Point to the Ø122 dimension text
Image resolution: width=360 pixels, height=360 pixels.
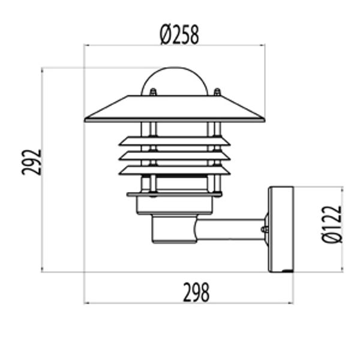[332, 224]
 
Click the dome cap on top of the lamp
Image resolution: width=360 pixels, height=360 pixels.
[175, 79]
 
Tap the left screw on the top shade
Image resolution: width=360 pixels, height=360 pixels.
[154, 93]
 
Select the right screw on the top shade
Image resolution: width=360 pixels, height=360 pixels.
[217, 93]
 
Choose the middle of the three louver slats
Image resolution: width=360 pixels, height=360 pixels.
[175, 155]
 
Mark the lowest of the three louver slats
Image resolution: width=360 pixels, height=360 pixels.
[175, 170]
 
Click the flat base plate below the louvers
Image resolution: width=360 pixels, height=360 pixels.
[175, 194]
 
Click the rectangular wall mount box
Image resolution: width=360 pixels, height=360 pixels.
[281, 229]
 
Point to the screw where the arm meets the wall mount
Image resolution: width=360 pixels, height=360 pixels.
[265, 229]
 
